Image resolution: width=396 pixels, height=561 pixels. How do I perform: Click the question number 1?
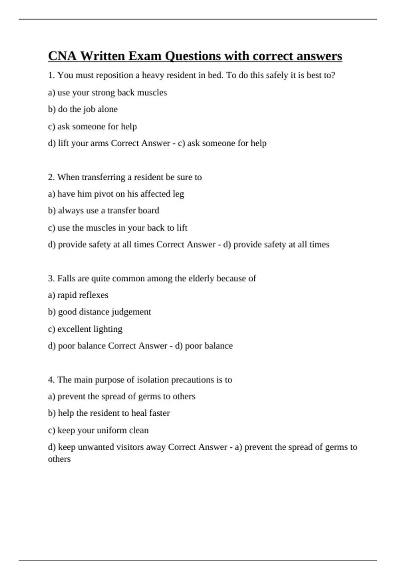(x=51, y=75)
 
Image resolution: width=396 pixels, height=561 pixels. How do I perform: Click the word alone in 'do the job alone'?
(x=108, y=109)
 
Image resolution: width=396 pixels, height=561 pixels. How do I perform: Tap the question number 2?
(x=51, y=177)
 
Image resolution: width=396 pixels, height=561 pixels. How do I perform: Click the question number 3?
(x=51, y=279)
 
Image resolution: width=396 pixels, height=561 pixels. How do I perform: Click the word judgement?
(x=131, y=312)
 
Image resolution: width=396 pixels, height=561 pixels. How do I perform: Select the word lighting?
(x=108, y=329)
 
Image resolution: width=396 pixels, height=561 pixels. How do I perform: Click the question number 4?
(x=51, y=380)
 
